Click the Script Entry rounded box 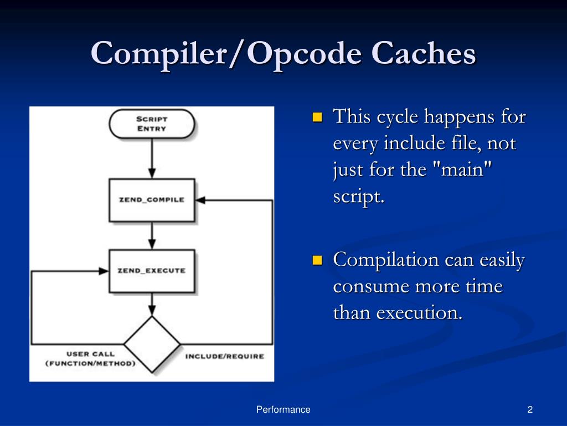click(x=152, y=124)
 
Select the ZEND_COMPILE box click(x=152, y=200)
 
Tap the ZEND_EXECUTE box click(x=152, y=271)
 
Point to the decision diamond click(x=152, y=344)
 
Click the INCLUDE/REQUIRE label click(x=225, y=357)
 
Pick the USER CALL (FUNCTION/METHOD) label click(x=90, y=359)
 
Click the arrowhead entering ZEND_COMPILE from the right click(x=200, y=200)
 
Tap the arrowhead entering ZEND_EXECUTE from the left click(x=104, y=271)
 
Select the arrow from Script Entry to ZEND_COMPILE click(x=152, y=158)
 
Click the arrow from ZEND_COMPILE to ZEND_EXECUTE click(x=152, y=235)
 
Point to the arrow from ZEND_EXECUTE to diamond click(x=152, y=305)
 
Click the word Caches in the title click(x=424, y=53)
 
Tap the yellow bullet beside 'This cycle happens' click(x=317, y=117)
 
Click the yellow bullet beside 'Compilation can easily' click(x=317, y=260)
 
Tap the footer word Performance click(x=283, y=410)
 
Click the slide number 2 click(x=530, y=410)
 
